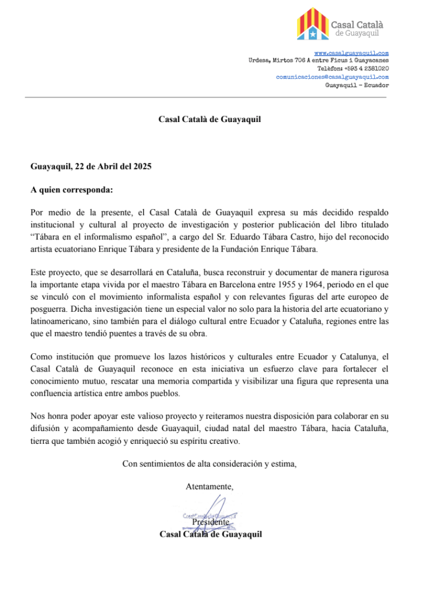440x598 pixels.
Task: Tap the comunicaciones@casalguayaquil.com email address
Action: (x=332, y=77)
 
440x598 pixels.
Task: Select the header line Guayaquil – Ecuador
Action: (x=357, y=85)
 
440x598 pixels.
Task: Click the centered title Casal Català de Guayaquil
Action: (x=210, y=120)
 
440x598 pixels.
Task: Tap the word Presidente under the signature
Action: (x=210, y=522)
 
